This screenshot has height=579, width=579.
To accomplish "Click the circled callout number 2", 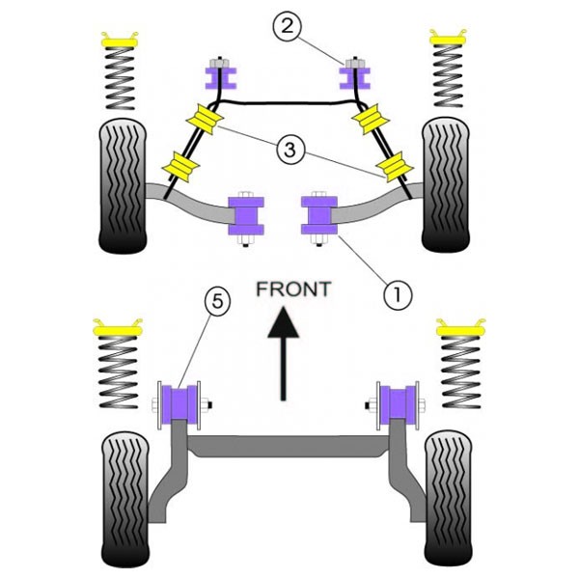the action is (288, 26).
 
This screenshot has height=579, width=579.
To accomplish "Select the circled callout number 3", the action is (290, 150).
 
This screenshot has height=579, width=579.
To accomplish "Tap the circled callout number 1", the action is (398, 294).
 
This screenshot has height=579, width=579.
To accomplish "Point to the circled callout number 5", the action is (217, 302).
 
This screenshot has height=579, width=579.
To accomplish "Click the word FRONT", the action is (293, 289).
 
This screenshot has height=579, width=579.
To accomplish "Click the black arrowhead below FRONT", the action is (283, 322).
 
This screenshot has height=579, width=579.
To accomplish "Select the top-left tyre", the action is (123, 185).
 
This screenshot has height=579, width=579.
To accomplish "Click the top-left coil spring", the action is (120, 78).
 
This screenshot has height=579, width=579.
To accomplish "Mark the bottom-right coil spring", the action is (461, 372).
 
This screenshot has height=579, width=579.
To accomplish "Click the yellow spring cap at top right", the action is (448, 38).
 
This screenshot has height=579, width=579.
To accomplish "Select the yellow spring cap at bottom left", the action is (118, 328).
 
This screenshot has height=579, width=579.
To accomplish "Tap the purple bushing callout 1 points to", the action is (319, 215).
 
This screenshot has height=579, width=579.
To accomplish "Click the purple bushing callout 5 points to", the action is (179, 404).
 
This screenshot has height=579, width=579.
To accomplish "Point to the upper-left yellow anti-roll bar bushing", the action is (206, 119).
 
